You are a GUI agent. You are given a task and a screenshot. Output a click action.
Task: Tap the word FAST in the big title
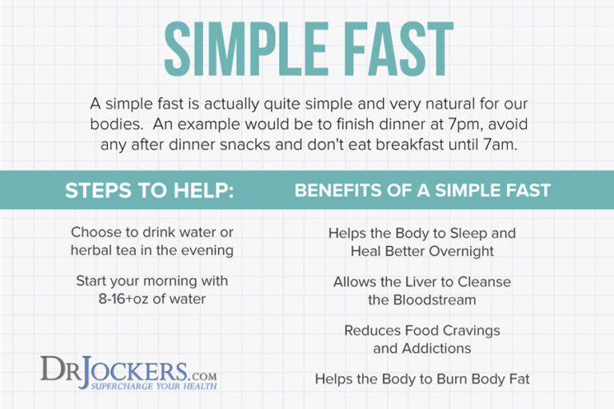coord(397,49)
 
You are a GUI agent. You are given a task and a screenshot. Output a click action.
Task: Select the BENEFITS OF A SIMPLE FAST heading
coord(422,192)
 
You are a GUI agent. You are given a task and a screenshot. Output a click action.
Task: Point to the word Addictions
coord(437,348)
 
